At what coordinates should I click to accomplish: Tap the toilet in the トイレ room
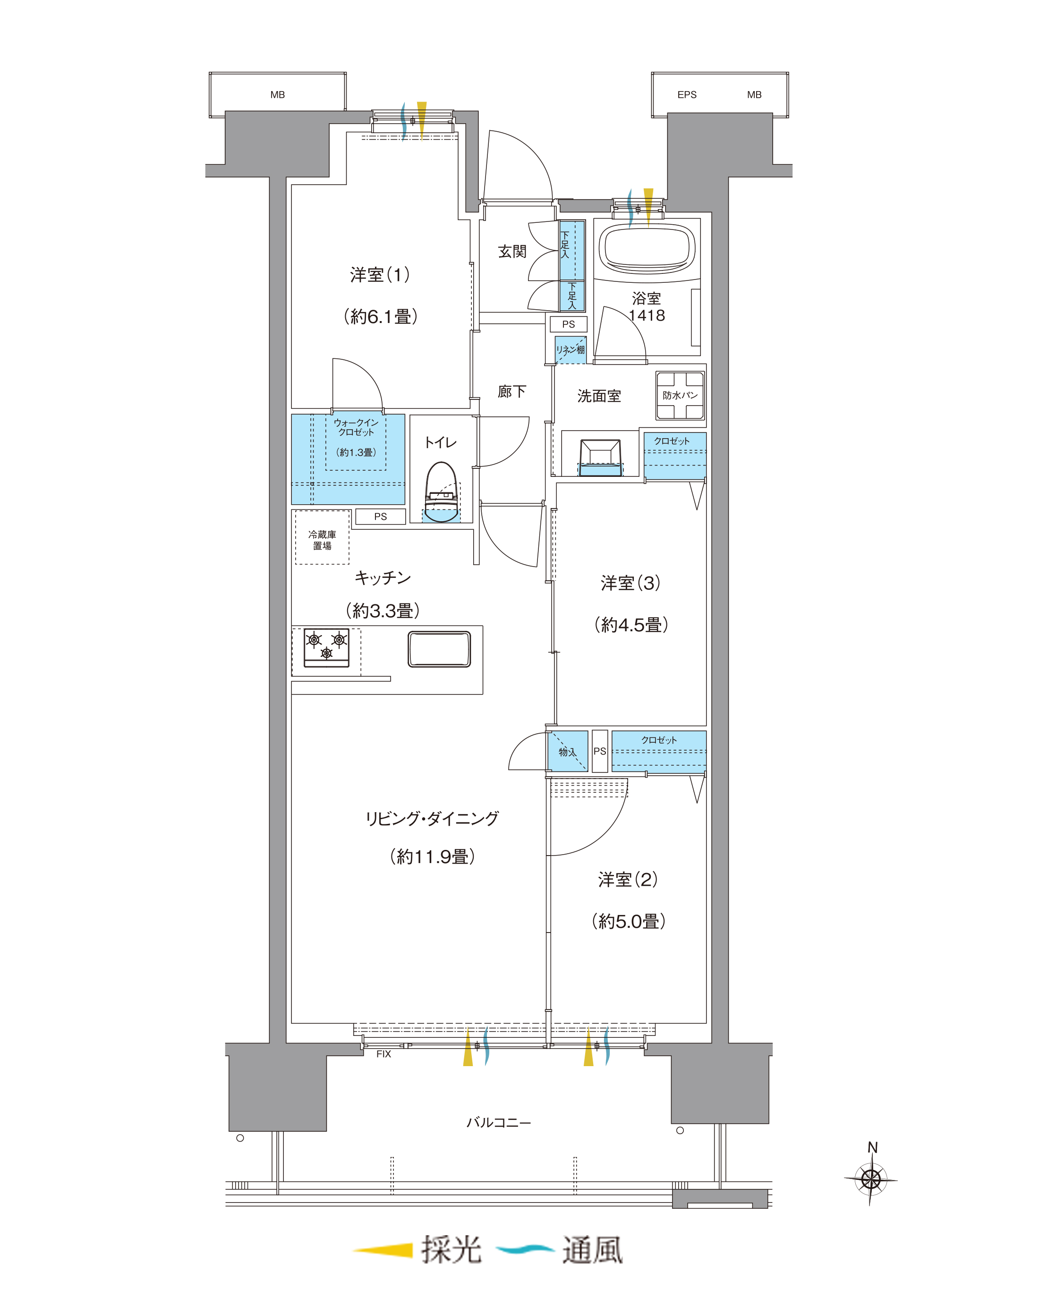point(441,492)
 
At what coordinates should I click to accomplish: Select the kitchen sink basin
point(439,649)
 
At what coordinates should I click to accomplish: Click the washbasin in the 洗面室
point(600,458)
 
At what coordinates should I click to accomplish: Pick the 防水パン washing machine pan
point(680,395)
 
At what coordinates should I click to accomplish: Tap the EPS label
point(687,94)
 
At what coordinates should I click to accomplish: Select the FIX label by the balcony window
point(383,1054)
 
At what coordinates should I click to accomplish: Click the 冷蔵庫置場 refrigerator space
point(322,538)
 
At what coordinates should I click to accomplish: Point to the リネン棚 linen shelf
point(571,349)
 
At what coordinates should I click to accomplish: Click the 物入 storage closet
point(568,751)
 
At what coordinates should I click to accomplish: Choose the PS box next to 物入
point(600,751)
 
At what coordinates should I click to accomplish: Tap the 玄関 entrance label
point(512,251)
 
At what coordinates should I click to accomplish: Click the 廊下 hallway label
point(512,391)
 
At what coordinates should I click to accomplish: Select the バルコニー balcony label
point(499,1122)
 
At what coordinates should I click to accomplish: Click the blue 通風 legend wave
point(525,1249)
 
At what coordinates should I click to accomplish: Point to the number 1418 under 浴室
point(647,315)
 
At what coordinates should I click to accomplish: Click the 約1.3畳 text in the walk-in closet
point(356,452)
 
